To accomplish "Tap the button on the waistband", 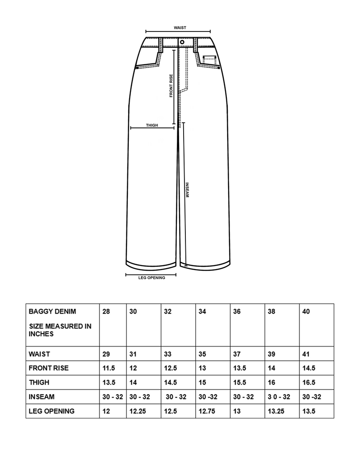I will (182, 42).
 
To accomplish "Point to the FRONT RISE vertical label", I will (171, 86).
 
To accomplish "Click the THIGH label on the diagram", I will (152, 125).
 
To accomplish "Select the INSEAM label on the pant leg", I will (187, 190).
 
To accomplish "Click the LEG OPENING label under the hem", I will (152, 278).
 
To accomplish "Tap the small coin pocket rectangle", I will (209, 58).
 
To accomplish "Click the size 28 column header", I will (106, 311).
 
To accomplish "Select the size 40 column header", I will (306, 311).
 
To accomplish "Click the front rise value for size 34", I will (202, 368).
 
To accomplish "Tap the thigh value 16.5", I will (309, 382).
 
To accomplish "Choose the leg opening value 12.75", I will (206, 411).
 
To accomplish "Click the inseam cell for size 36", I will (244, 397).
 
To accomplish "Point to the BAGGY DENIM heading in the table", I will (52, 311).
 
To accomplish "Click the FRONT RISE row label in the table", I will (49, 368).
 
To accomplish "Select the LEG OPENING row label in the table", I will (51, 411).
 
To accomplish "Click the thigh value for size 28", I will (109, 382).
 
